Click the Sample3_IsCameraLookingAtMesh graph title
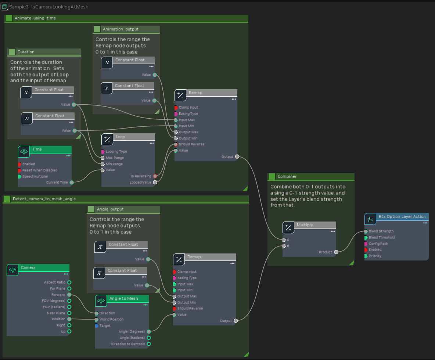(48, 7)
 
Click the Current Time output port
(72, 182)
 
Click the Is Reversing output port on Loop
(155, 176)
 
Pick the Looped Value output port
(155, 182)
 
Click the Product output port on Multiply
(336, 252)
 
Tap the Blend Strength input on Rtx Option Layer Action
(366, 231)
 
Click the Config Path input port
(366, 244)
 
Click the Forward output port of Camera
(69, 295)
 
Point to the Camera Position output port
(69, 319)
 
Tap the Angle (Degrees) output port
(149, 332)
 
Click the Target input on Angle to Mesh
(97, 326)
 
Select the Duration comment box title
(26, 52)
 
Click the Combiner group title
(287, 177)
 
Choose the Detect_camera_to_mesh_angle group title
(44, 199)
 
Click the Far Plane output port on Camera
(69, 289)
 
